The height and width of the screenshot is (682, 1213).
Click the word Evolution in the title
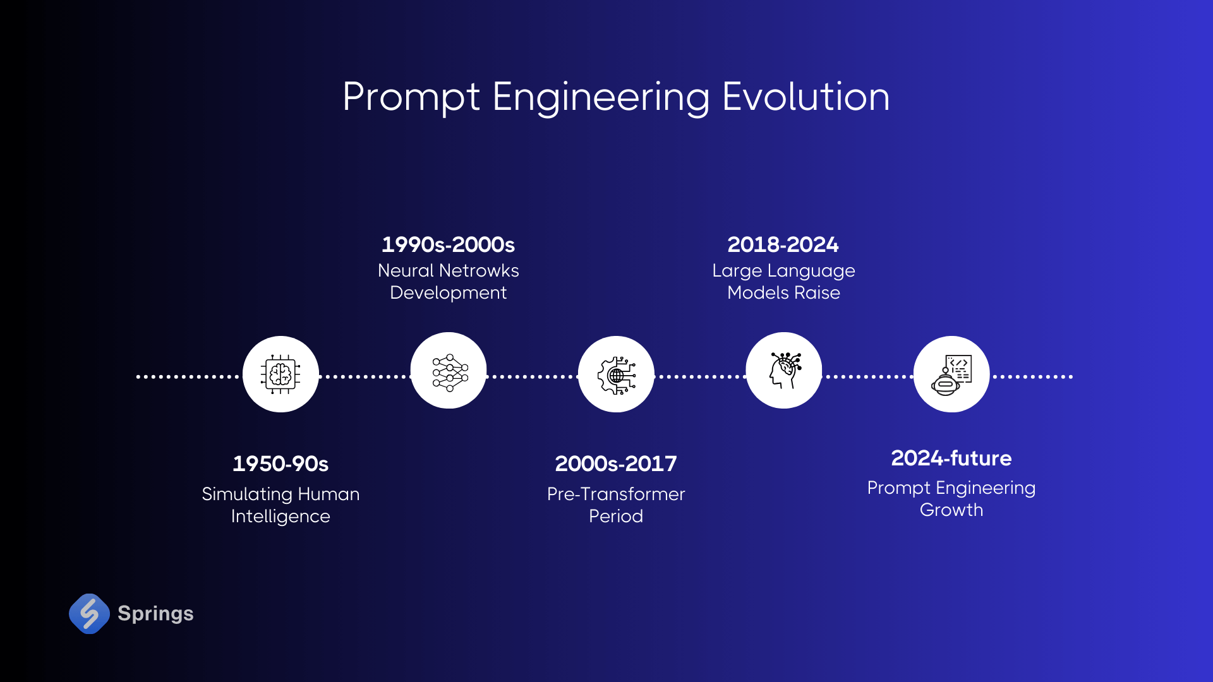(806, 97)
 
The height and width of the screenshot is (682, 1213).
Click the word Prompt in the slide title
(411, 99)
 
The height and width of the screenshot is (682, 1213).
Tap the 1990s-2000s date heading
(448, 244)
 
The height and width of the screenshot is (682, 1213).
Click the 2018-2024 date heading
(783, 244)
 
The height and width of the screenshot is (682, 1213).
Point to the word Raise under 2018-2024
(817, 293)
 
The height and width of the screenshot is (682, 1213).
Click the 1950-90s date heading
(281, 464)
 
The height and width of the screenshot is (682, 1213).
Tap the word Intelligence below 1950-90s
(281, 517)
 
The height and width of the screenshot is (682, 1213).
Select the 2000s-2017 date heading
(615, 464)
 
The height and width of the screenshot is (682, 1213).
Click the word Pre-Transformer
(615, 494)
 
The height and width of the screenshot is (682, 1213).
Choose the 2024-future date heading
(951, 458)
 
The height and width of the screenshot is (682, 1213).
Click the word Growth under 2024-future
(951, 510)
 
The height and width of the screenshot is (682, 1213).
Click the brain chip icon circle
(281, 374)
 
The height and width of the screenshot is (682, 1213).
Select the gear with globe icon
(616, 374)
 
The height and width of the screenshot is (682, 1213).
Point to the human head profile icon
(783, 371)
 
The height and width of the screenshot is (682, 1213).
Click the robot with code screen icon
(951, 374)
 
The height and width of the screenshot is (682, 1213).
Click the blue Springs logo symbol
(89, 613)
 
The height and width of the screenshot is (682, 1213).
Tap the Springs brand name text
(155, 614)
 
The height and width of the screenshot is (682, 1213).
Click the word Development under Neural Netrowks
(448, 293)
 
